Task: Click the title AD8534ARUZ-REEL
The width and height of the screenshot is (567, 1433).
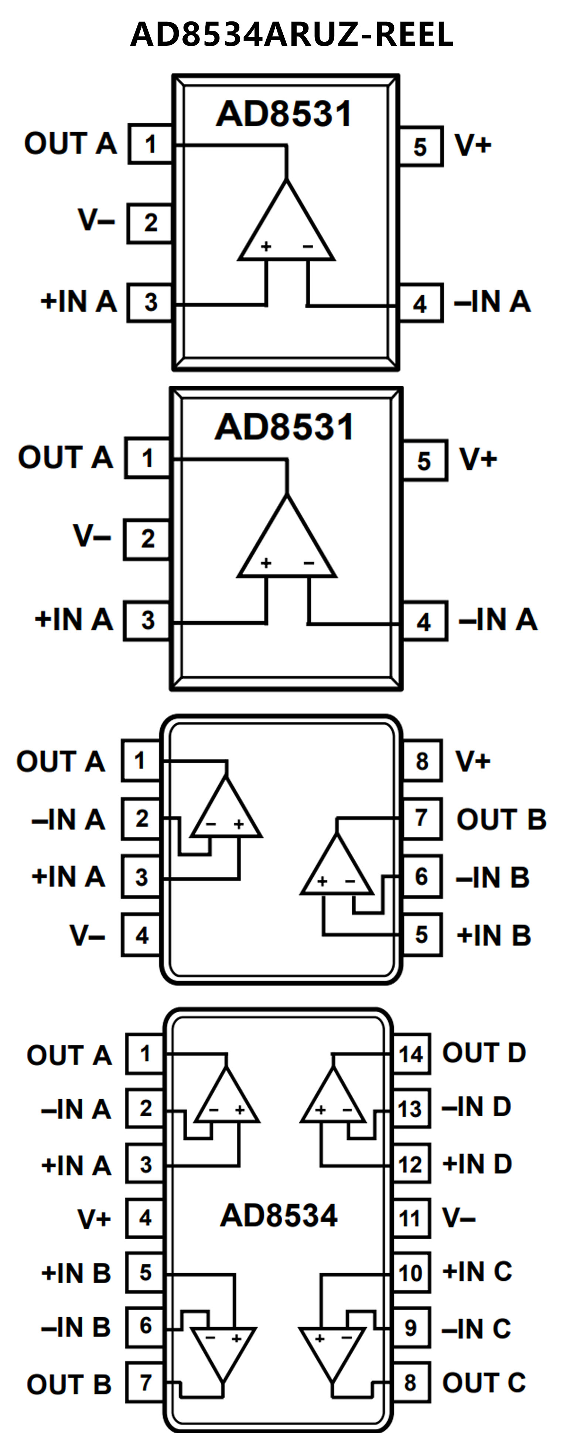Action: (291, 34)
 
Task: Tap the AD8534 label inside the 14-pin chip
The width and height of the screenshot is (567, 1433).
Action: (279, 1216)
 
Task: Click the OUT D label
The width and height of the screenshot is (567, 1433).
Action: (484, 1053)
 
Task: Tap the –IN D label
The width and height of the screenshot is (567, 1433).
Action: (477, 1107)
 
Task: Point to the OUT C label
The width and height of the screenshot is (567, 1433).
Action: (484, 1382)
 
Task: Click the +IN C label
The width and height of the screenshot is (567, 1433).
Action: (477, 1272)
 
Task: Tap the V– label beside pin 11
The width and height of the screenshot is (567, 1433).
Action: (459, 1218)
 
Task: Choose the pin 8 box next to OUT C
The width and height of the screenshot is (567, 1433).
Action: (410, 1382)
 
